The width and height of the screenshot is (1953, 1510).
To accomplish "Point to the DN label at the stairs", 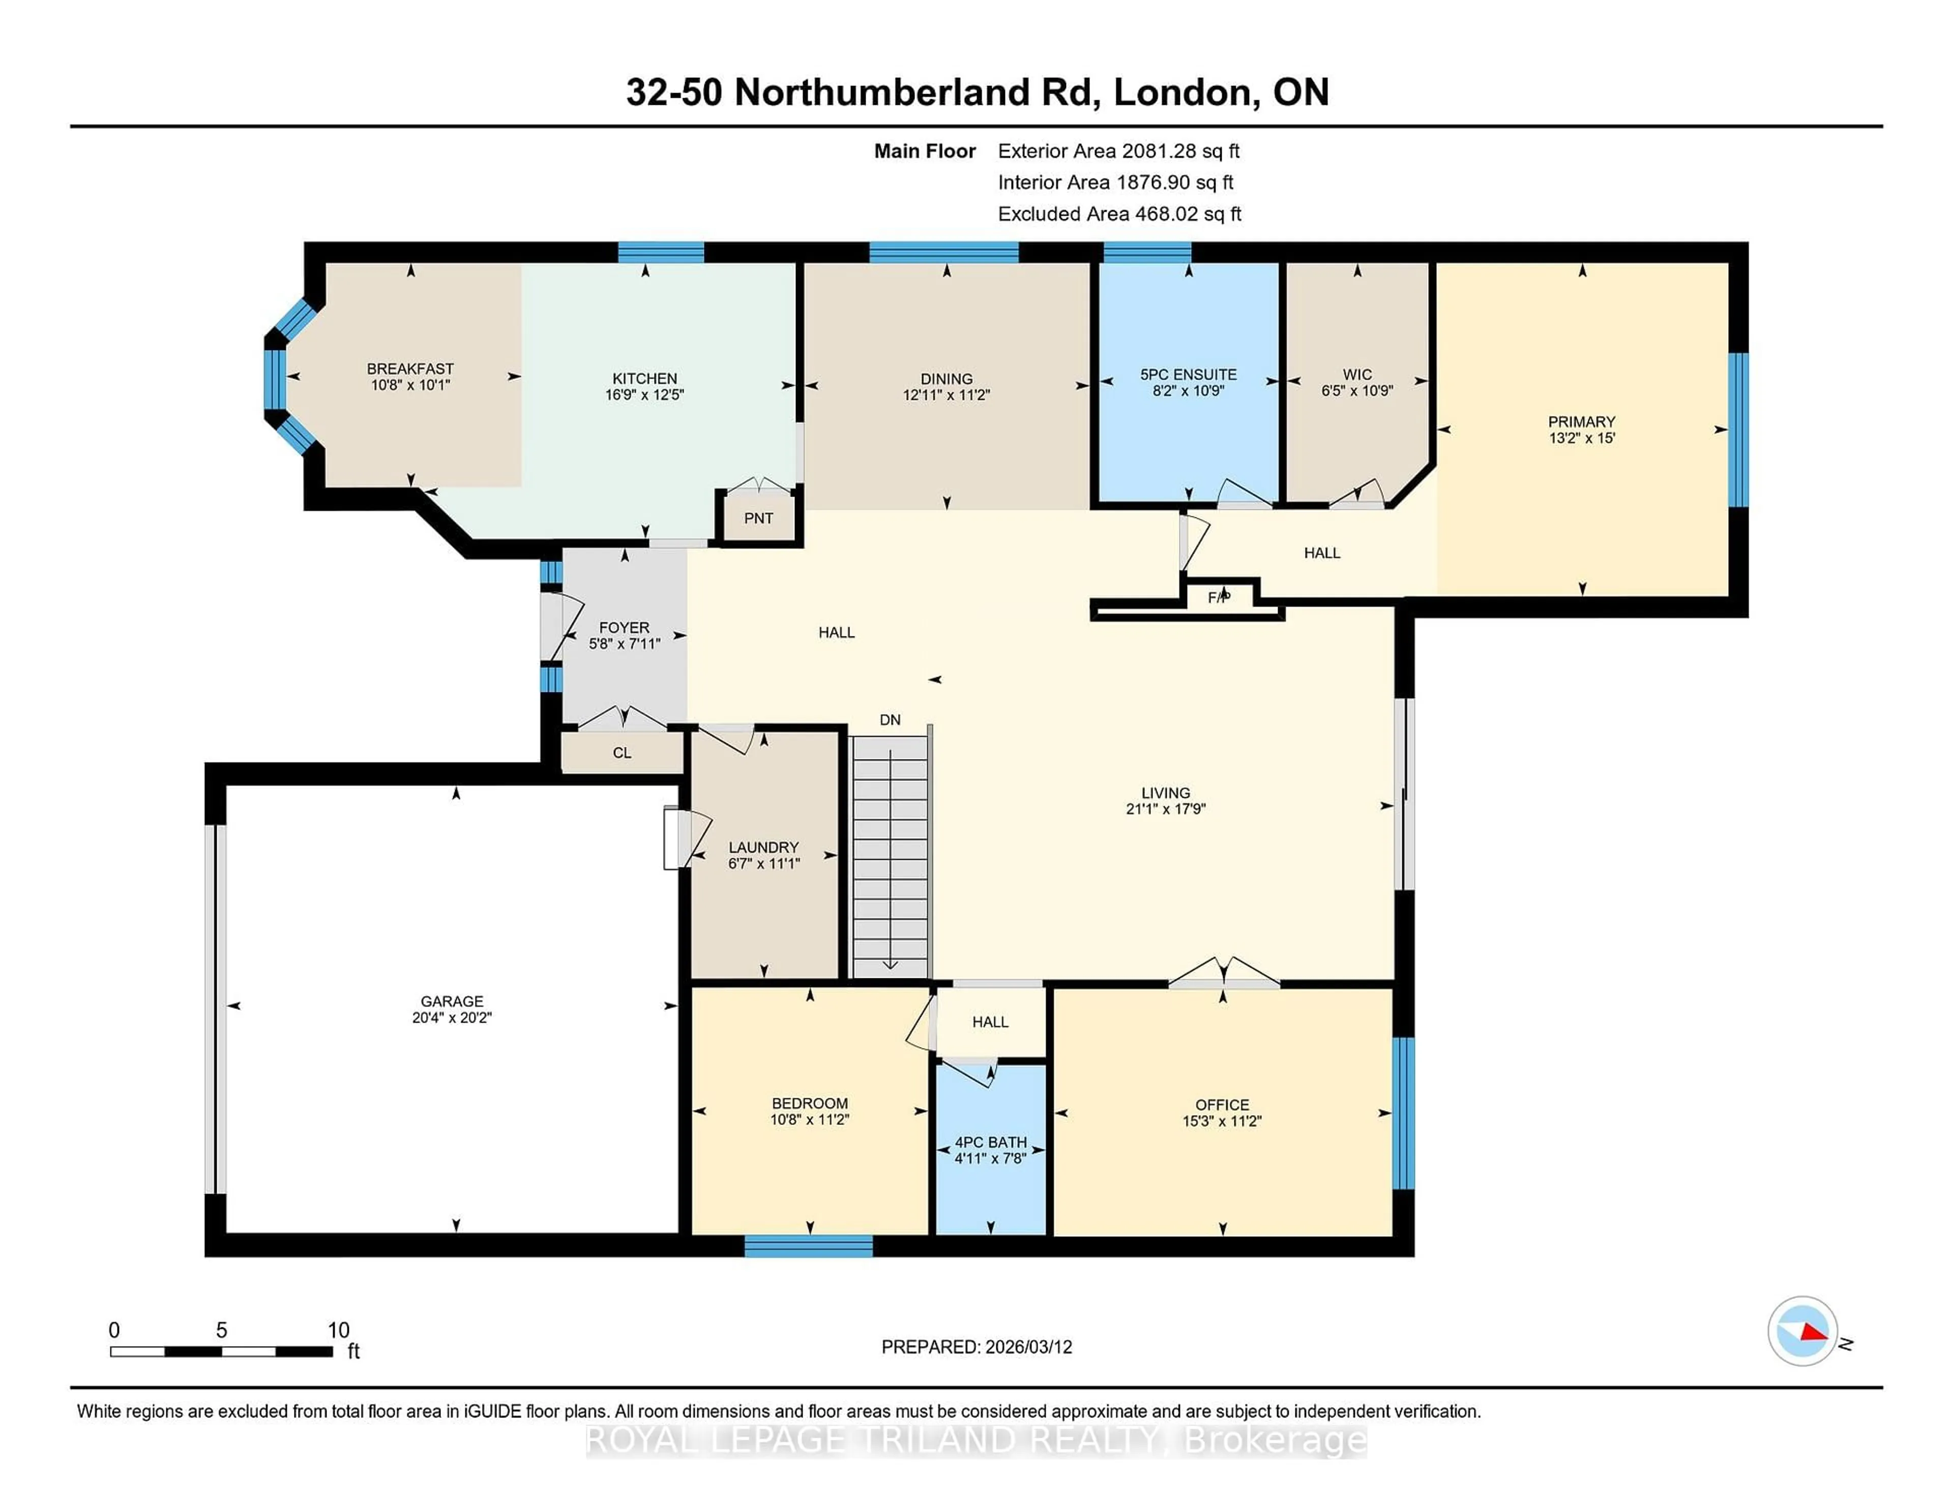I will pos(890,720).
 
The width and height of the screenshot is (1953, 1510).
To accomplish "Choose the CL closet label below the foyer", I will pos(623,753).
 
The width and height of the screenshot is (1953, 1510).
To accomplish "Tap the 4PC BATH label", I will pos(990,1142).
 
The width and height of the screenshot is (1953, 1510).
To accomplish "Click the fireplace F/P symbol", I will pos(1219,597).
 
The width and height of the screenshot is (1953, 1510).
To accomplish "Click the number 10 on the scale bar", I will pos(338,1330).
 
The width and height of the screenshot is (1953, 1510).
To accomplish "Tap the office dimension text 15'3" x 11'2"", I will pos(1222,1121).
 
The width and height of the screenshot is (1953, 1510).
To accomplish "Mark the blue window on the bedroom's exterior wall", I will pos(808,1246).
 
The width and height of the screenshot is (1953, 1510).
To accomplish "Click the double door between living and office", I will pos(1223,975).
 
